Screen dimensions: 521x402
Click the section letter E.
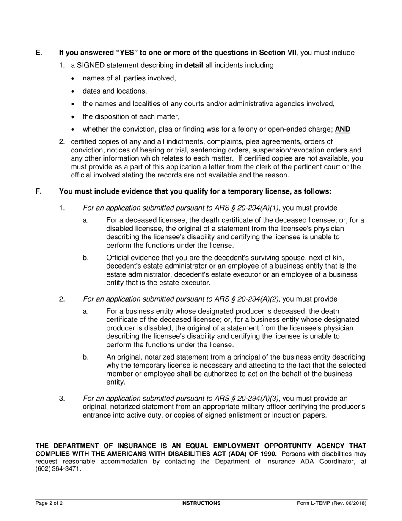tap(39, 53)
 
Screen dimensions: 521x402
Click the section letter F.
tap(39, 191)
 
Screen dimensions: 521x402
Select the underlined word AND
tap(343, 130)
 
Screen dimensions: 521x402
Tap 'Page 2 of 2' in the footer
tap(49, 503)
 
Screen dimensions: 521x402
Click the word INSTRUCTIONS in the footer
tap(201, 503)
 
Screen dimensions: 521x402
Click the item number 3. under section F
tap(62, 398)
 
